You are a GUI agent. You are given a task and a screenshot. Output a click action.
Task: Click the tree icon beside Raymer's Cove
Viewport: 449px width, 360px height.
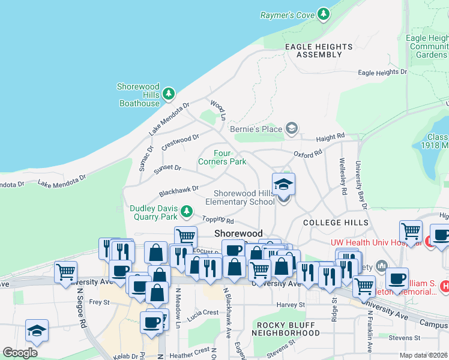pyautogui.click(x=324, y=14)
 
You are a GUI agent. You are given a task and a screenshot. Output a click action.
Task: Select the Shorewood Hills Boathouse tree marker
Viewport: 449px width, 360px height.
pyautogui.click(x=169, y=94)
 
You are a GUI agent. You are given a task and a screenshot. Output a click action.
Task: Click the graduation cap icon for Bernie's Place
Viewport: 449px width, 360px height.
pyautogui.click(x=292, y=128)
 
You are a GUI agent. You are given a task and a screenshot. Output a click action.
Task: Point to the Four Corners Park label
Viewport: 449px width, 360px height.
pyautogui.click(x=221, y=157)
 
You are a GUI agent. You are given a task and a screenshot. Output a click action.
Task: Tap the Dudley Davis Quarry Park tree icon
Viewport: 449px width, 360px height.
pyautogui.click(x=187, y=211)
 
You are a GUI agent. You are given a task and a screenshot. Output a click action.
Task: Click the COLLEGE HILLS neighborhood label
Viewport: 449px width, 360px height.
pyautogui.click(x=330, y=223)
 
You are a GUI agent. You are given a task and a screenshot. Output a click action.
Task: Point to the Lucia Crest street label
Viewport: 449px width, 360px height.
pyautogui.click(x=202, y=313)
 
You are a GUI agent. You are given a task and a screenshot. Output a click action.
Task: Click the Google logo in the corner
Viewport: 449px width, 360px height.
pyautogui.click(x=20, y=353)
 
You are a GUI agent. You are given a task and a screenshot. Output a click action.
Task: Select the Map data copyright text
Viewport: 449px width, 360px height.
pyautogui.click(x=423, y=355)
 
